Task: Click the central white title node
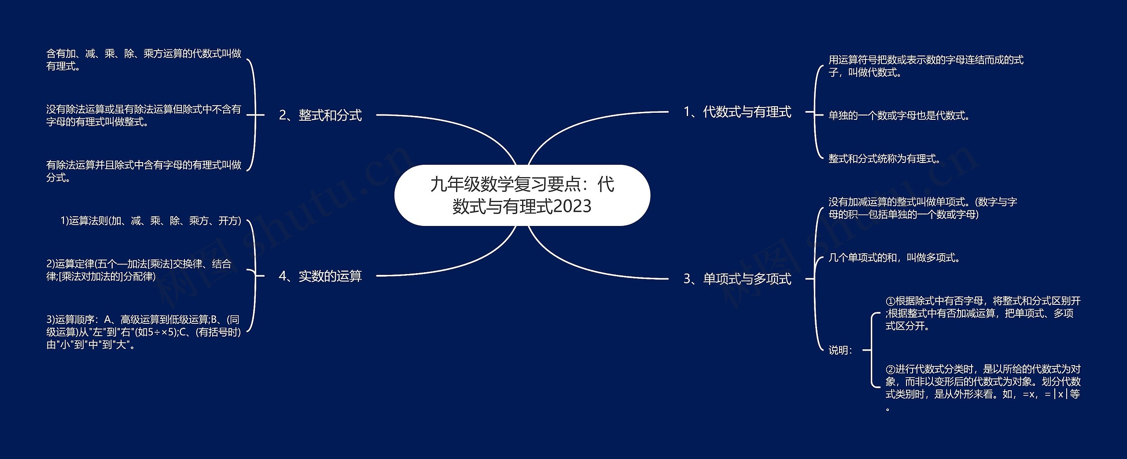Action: [522, 195]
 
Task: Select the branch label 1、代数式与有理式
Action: [737, 112]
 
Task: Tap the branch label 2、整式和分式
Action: [320, 115]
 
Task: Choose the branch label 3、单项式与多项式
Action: [737, 279]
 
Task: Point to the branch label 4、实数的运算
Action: [320, 276]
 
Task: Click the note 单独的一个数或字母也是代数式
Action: [899, 116]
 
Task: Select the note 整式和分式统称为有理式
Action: [884, 159]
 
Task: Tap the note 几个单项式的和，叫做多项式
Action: [894, 258]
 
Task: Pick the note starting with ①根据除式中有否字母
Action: [983, 314]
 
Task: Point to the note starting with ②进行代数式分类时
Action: [983, 388]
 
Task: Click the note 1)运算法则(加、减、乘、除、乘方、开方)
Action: [151, 221]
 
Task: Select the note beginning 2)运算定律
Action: [139, 270]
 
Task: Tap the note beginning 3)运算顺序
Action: [144, 332]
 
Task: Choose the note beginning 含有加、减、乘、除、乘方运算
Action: [144, 60]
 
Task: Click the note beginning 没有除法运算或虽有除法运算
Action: [144, 115]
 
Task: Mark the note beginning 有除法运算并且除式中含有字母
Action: [144, 171]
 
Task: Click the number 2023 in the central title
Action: [572, 207]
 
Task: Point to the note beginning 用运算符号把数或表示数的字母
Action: [926, 66]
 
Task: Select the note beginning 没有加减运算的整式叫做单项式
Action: [923, 208]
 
